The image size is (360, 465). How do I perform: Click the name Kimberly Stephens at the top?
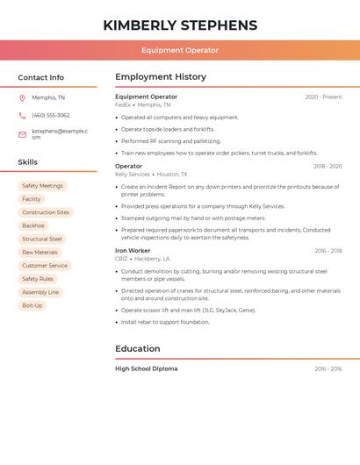point(180,25)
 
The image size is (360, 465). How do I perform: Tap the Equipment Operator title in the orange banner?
point(180,50)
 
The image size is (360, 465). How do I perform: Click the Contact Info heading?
point(40,77)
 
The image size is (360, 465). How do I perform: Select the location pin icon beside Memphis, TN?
point(22,97)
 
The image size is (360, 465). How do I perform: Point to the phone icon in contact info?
point(22,115)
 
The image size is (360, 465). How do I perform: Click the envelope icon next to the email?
point(22,134)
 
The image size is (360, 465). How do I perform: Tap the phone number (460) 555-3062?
point(50,115)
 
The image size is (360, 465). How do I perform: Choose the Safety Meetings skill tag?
point(42,186)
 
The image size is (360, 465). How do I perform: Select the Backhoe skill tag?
point(33,225)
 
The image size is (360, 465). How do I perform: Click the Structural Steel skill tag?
point(42,239)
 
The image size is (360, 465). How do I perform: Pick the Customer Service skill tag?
point(45,265)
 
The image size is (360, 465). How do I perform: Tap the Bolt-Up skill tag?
point(32,305)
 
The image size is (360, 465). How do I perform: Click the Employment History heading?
point(161,77)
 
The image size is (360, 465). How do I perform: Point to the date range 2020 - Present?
point(323,97)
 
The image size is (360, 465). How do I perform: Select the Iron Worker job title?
point(133,251)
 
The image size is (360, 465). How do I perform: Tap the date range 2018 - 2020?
point(328,166)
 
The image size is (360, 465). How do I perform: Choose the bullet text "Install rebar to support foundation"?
point(165,322)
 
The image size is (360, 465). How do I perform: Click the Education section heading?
point(138,348)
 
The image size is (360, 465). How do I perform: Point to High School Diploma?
point(146,368)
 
